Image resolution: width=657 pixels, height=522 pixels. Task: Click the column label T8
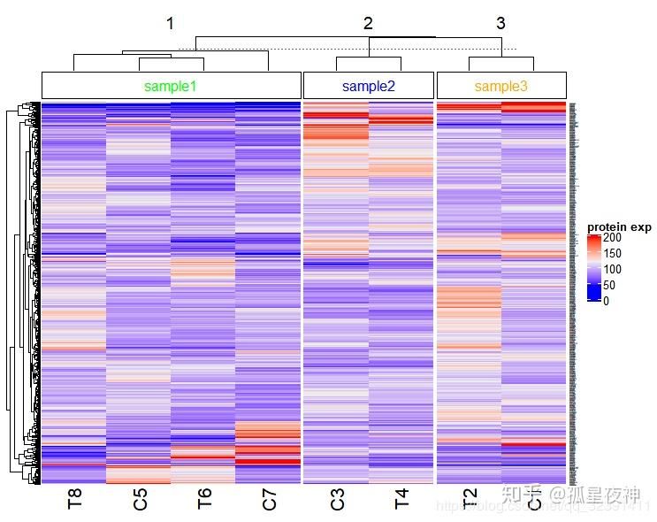tap(74, 500)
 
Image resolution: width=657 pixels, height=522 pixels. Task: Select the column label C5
tap(140, 500)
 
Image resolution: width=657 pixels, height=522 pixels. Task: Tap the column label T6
tap(204, 500)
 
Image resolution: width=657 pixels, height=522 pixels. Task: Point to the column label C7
tap(269, 500)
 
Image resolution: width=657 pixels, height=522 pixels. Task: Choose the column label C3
tap(337, 500)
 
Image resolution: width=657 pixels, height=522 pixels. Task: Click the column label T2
tap(470, 500)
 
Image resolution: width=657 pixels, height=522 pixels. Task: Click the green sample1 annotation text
tap(171, 86)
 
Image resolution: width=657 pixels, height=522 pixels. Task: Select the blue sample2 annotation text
tap(369, 86)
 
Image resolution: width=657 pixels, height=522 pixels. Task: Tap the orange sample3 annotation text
tap(501, 86)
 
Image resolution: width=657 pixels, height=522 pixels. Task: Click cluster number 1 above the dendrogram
tap(171, 24)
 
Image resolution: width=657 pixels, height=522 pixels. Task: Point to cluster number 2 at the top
tap(369, 24)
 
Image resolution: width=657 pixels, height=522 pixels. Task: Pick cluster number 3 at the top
tap(501, 24)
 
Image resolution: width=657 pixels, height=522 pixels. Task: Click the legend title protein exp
tap(619, 227)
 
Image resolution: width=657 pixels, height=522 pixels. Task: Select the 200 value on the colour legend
tap(613, 238)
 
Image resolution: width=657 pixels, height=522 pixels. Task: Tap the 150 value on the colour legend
tap(613, 254)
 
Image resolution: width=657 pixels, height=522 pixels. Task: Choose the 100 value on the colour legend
tap(613, 269)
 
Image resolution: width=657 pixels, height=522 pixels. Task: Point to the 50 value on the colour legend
tap(610, 285)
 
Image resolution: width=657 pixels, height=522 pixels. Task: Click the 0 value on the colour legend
tap(607, 301)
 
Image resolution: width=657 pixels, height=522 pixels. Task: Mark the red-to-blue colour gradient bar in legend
tap(593, 269)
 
